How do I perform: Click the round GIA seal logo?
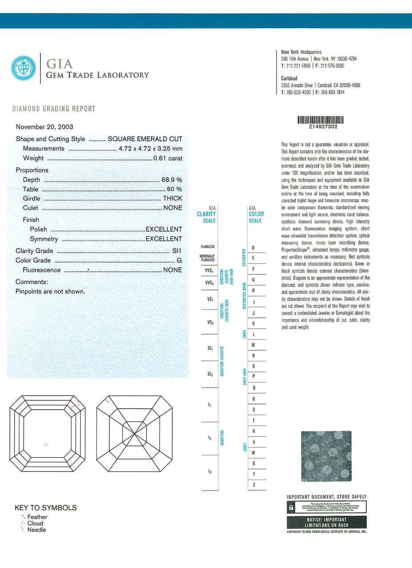[x=24, y=68]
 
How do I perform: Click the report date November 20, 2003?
[x=44, y=127]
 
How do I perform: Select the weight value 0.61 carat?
[x=167, y=158]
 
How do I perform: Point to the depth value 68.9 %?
[x=171, y=180]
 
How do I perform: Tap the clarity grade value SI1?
[x=177, y=251]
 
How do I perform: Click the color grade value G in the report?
[x=179, y=260]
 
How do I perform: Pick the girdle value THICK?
[x=172, y=199]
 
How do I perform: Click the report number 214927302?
[x=320, y=127]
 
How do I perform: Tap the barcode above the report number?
[x=320, y=120]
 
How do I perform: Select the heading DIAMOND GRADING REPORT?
[x=54, y=109]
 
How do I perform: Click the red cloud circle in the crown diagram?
[x=46, y=444]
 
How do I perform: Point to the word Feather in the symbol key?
[x=37, y=517]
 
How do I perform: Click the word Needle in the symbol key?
[x=37, y=530]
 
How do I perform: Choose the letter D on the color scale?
[x=254, y=248]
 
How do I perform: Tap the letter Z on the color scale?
[x=254, y=485]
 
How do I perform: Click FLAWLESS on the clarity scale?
[x=208, y=247]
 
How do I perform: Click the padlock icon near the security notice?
[x=291, y=507]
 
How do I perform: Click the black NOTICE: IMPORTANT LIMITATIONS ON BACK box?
[x=327, y=522]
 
